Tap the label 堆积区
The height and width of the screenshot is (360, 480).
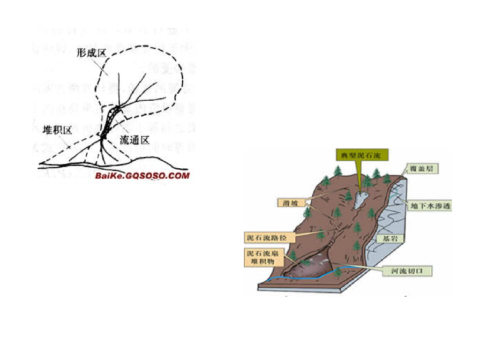click(x=58, y=130)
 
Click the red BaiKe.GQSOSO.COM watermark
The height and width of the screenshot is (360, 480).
click(x=142, y=176)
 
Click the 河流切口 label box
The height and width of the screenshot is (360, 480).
click(x=405, y=270)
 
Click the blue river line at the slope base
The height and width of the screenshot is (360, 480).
click(x=300, y=277)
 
